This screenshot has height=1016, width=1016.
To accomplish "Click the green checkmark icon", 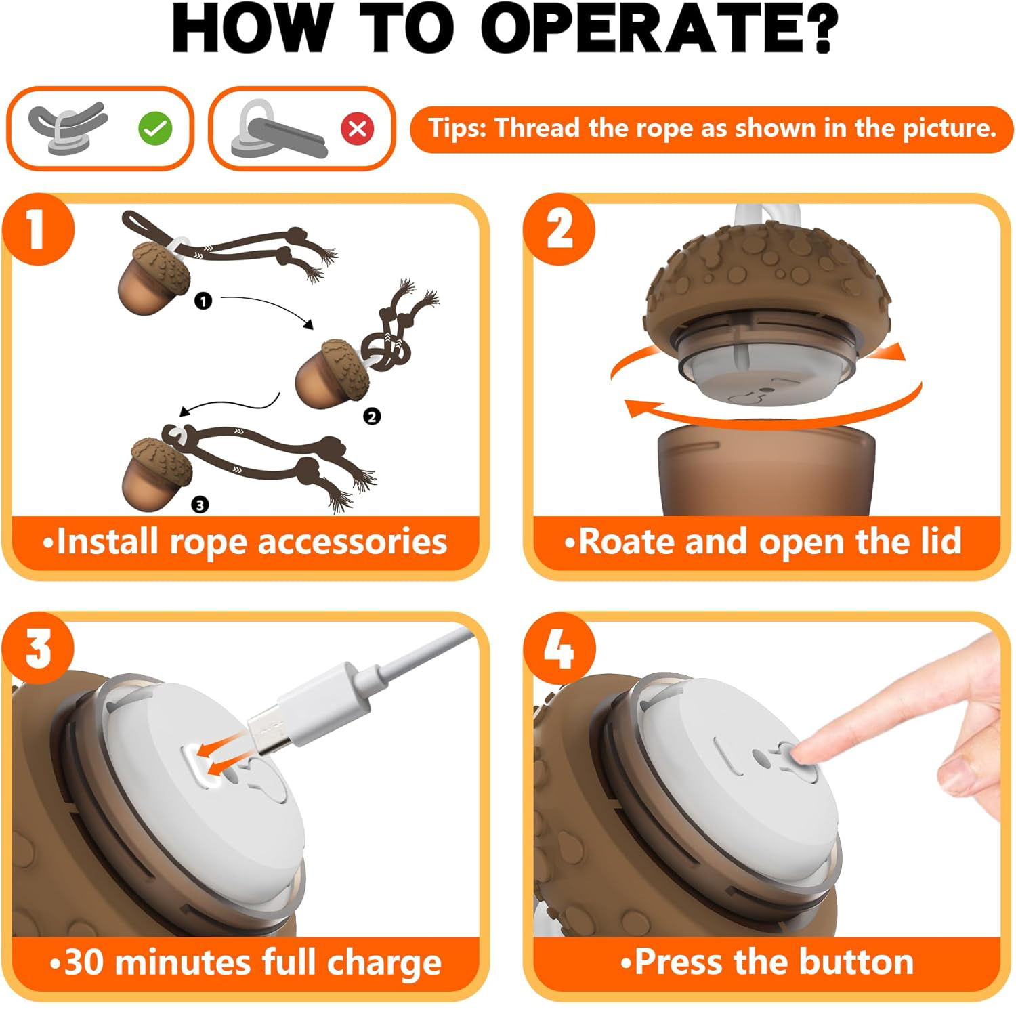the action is (155, 128).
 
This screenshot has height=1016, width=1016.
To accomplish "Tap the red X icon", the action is (358, 128).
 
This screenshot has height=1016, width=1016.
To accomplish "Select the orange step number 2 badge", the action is (559, 230).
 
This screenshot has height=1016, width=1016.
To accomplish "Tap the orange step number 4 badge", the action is (559, 648).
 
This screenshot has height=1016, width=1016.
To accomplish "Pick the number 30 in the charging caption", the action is (84, 963).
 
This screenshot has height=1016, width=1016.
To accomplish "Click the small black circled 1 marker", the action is (203, 301).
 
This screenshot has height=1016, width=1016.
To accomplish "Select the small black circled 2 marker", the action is (371, 417).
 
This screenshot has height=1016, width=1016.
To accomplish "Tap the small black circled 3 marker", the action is (200, 504).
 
